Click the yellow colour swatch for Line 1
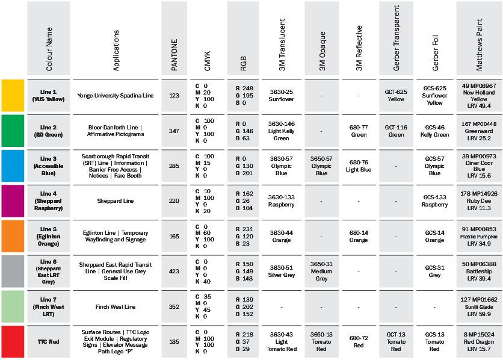13,95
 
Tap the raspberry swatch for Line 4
13,200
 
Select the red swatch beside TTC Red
13,341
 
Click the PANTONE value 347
174,130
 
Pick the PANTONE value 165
174,236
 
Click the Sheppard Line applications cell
117,200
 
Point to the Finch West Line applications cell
117,306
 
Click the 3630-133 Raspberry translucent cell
282,200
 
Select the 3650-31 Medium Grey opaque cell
321,271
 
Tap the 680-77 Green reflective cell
359,130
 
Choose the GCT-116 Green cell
396,130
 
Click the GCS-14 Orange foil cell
434,236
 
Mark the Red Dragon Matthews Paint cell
479,341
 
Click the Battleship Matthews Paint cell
479,271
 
